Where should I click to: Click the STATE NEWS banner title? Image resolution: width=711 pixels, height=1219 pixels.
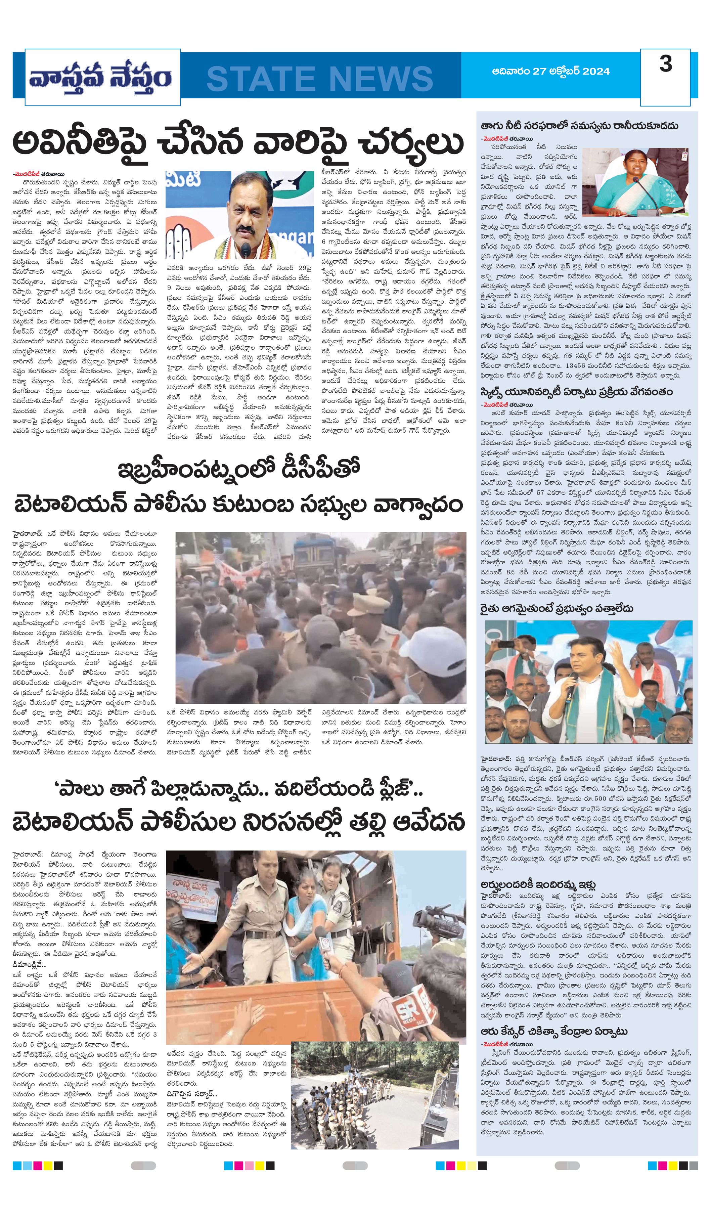[x=319, y=78]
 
